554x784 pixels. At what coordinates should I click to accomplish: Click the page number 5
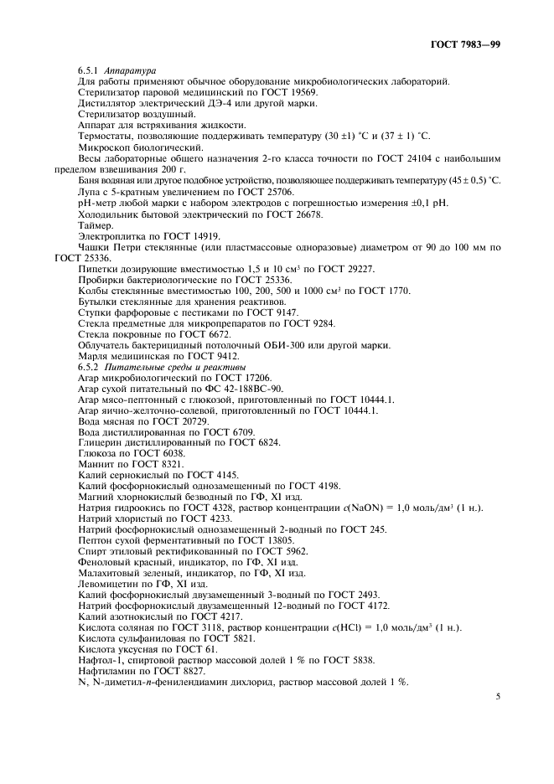pos(497,697)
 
